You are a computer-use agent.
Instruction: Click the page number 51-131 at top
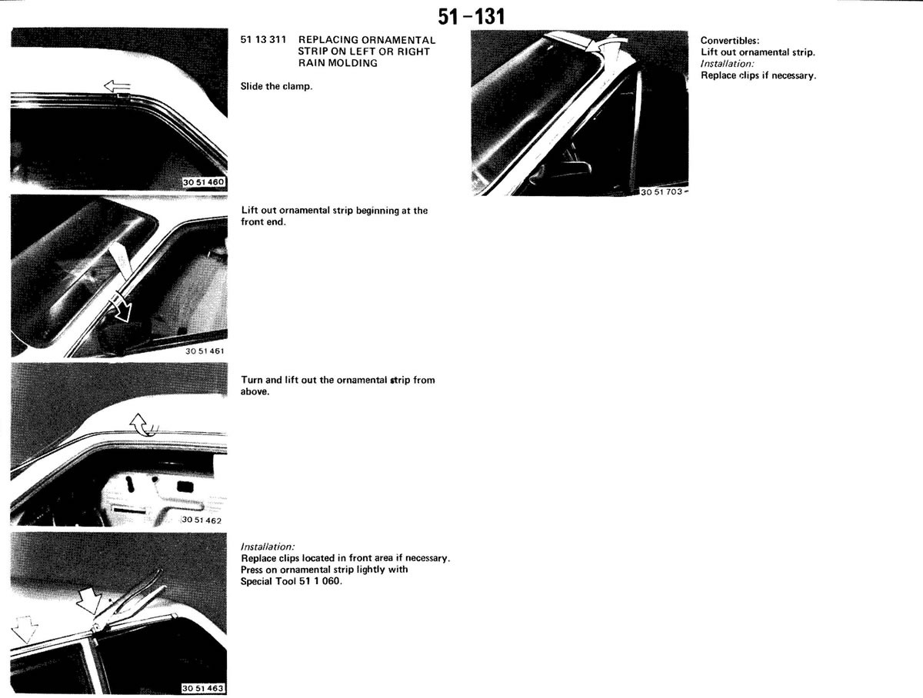pos(471,17)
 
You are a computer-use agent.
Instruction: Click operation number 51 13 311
pos(263,39)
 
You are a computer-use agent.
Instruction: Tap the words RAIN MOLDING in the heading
pos(338,63)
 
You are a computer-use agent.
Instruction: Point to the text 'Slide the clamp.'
pos(276,87)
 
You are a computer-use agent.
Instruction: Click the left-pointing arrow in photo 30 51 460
pos(118,87)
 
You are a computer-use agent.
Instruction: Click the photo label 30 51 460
pos(204,182)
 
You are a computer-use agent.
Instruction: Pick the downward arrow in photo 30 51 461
pos(121,309)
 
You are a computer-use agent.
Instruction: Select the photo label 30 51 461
pos(205,351)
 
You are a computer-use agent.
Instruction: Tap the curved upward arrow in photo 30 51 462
pos(143,424)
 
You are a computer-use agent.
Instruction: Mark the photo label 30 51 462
pos(202,520)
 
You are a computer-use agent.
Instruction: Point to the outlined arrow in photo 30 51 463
pos(25,630)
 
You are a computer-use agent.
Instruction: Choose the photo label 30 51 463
pos(203,688)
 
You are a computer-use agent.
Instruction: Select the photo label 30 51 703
pos(662,192)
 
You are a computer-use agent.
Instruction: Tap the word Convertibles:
pos(730,41)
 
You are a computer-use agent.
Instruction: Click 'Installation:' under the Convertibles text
pos(728,64)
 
